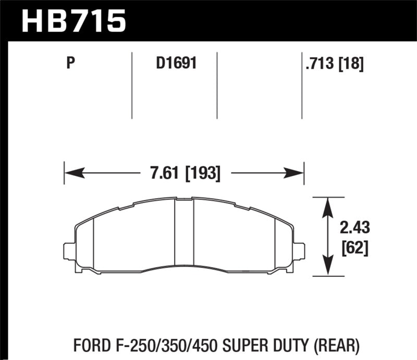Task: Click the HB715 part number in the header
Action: tap(72, 20)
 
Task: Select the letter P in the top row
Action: tap(71, 65)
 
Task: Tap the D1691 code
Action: tap(175, 65)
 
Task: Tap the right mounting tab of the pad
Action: tap(299, 252)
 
